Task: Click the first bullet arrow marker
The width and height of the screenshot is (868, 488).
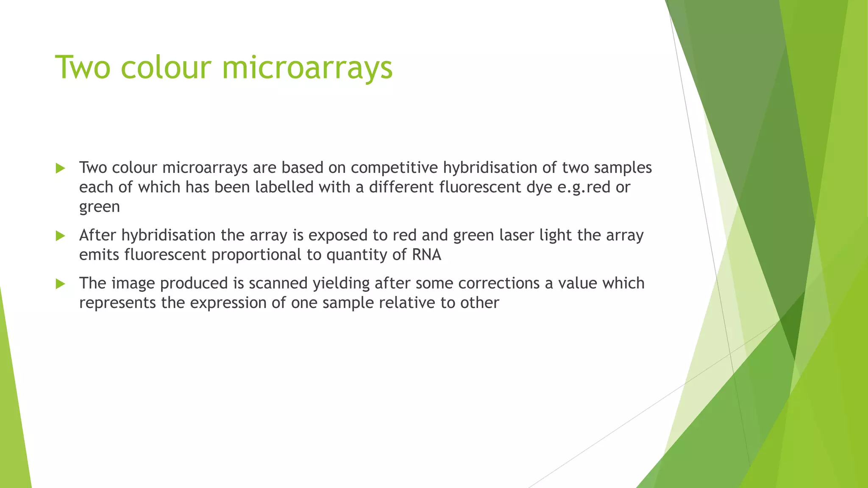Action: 60,168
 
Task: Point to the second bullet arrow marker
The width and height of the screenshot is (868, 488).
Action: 60,236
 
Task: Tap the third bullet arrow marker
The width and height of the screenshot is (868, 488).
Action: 60,284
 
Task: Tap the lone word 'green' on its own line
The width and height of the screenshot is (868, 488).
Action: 99,207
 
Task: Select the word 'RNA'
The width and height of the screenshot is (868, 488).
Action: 426,255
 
